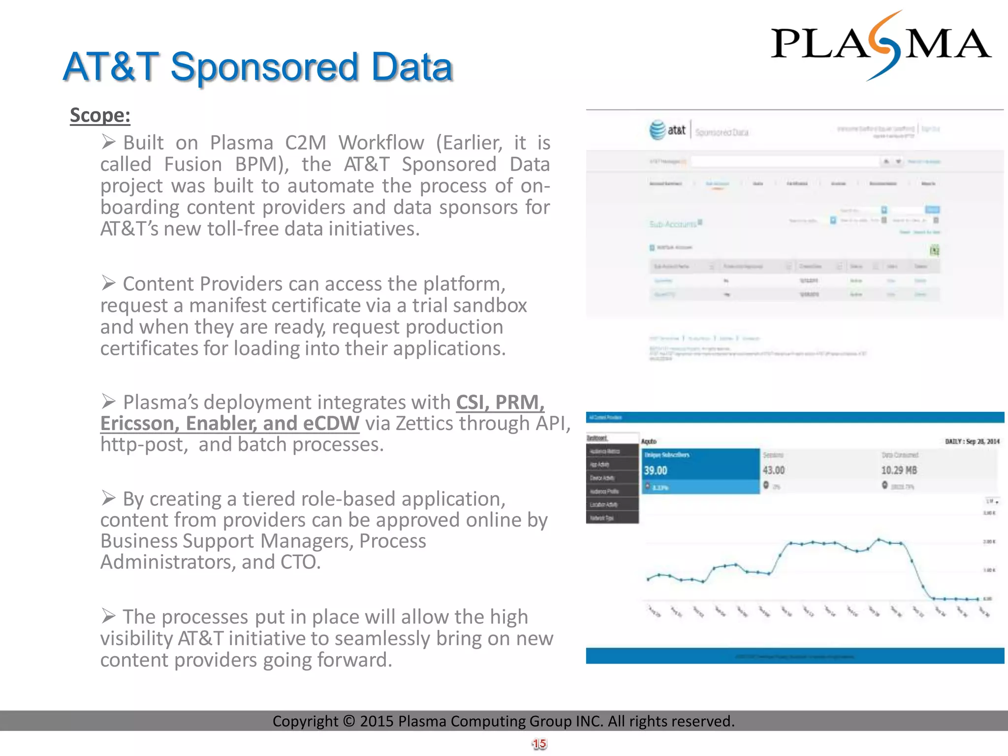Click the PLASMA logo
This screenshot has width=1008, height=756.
(x=881, y=44)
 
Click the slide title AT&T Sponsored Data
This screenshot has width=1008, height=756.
(x=257, y=66)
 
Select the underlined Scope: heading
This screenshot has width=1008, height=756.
(x=100, y=115)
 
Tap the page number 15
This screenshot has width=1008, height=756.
(x=539, y=744)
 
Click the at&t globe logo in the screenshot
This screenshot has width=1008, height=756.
(x=658, y=130)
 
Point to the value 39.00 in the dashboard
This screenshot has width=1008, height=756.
(x=656, y=471)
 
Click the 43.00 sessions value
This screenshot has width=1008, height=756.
(x=774, y=471)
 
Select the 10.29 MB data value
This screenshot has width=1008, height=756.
(x=899, y=471)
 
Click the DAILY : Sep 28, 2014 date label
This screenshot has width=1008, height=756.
(x=972, y=441)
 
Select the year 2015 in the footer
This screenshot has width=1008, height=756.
(x=377, y=721)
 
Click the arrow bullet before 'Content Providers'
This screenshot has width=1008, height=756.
(x=108, y=283)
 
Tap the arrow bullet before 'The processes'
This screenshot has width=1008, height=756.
(x=108, y=616)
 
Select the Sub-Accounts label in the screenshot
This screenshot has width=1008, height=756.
(x=673, y=224)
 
